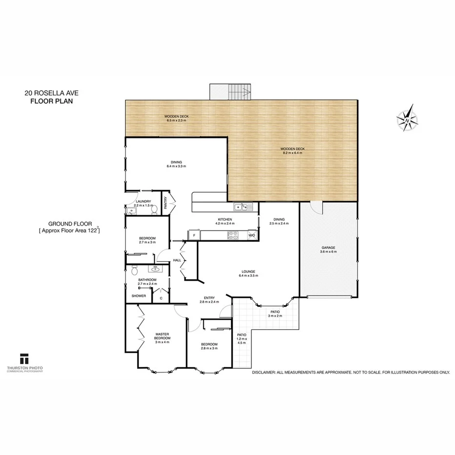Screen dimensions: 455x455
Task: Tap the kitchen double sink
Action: click(242, 207)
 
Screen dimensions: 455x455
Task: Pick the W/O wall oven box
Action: click(252, 236)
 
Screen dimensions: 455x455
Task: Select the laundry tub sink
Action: click(131, 211)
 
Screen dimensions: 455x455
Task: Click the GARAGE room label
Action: click(328, 248)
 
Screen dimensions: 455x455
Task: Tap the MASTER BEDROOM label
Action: click(163, 336)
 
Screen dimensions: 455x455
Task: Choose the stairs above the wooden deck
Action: click(229, 92)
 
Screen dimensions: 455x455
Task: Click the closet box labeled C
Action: click(161, 297)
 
